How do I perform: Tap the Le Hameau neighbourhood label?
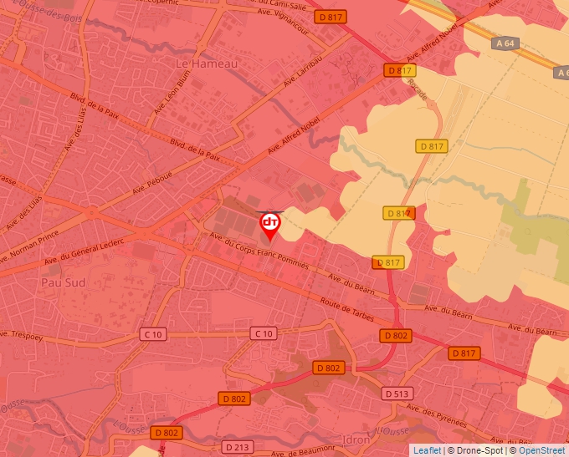(x=207, y=63)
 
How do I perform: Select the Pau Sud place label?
(x=63, y=282)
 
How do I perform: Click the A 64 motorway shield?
(x=504, y=43)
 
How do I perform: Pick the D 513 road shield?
(x=398, y=393)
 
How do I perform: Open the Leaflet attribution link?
(x=427, y=450)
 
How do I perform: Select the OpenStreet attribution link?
(x=542, y=450)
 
